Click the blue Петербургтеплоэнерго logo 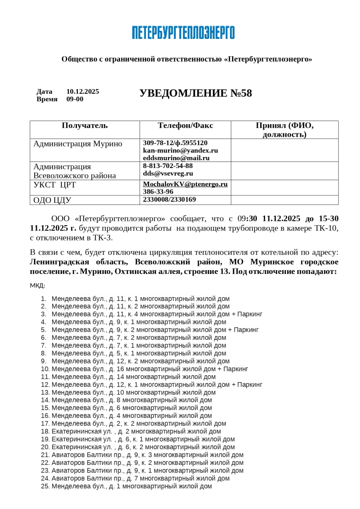[x=183, y=33]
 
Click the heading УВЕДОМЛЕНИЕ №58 [x=195, y=93]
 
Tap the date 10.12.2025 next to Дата [x=83, y=91]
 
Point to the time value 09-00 [x=75, y=99]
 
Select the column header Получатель [x=85, y=126]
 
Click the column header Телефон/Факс [x=185, y=126]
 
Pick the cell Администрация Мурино [x=78, y=144]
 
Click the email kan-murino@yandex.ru [x=180, y=150]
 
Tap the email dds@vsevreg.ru [x=168, y=173]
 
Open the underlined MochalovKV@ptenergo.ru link [x=185, y=184]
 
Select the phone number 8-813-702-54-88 [x=168, y=166]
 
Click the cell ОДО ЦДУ [x=52, y=200]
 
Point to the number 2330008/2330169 [x=169, y=200]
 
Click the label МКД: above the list [x=37, y=286]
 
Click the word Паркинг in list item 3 [x=250, y=314]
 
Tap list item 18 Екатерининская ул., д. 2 [x=136, y=431]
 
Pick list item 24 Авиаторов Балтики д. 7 [x=140, y=478]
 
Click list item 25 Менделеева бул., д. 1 [x=131, y=486]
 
